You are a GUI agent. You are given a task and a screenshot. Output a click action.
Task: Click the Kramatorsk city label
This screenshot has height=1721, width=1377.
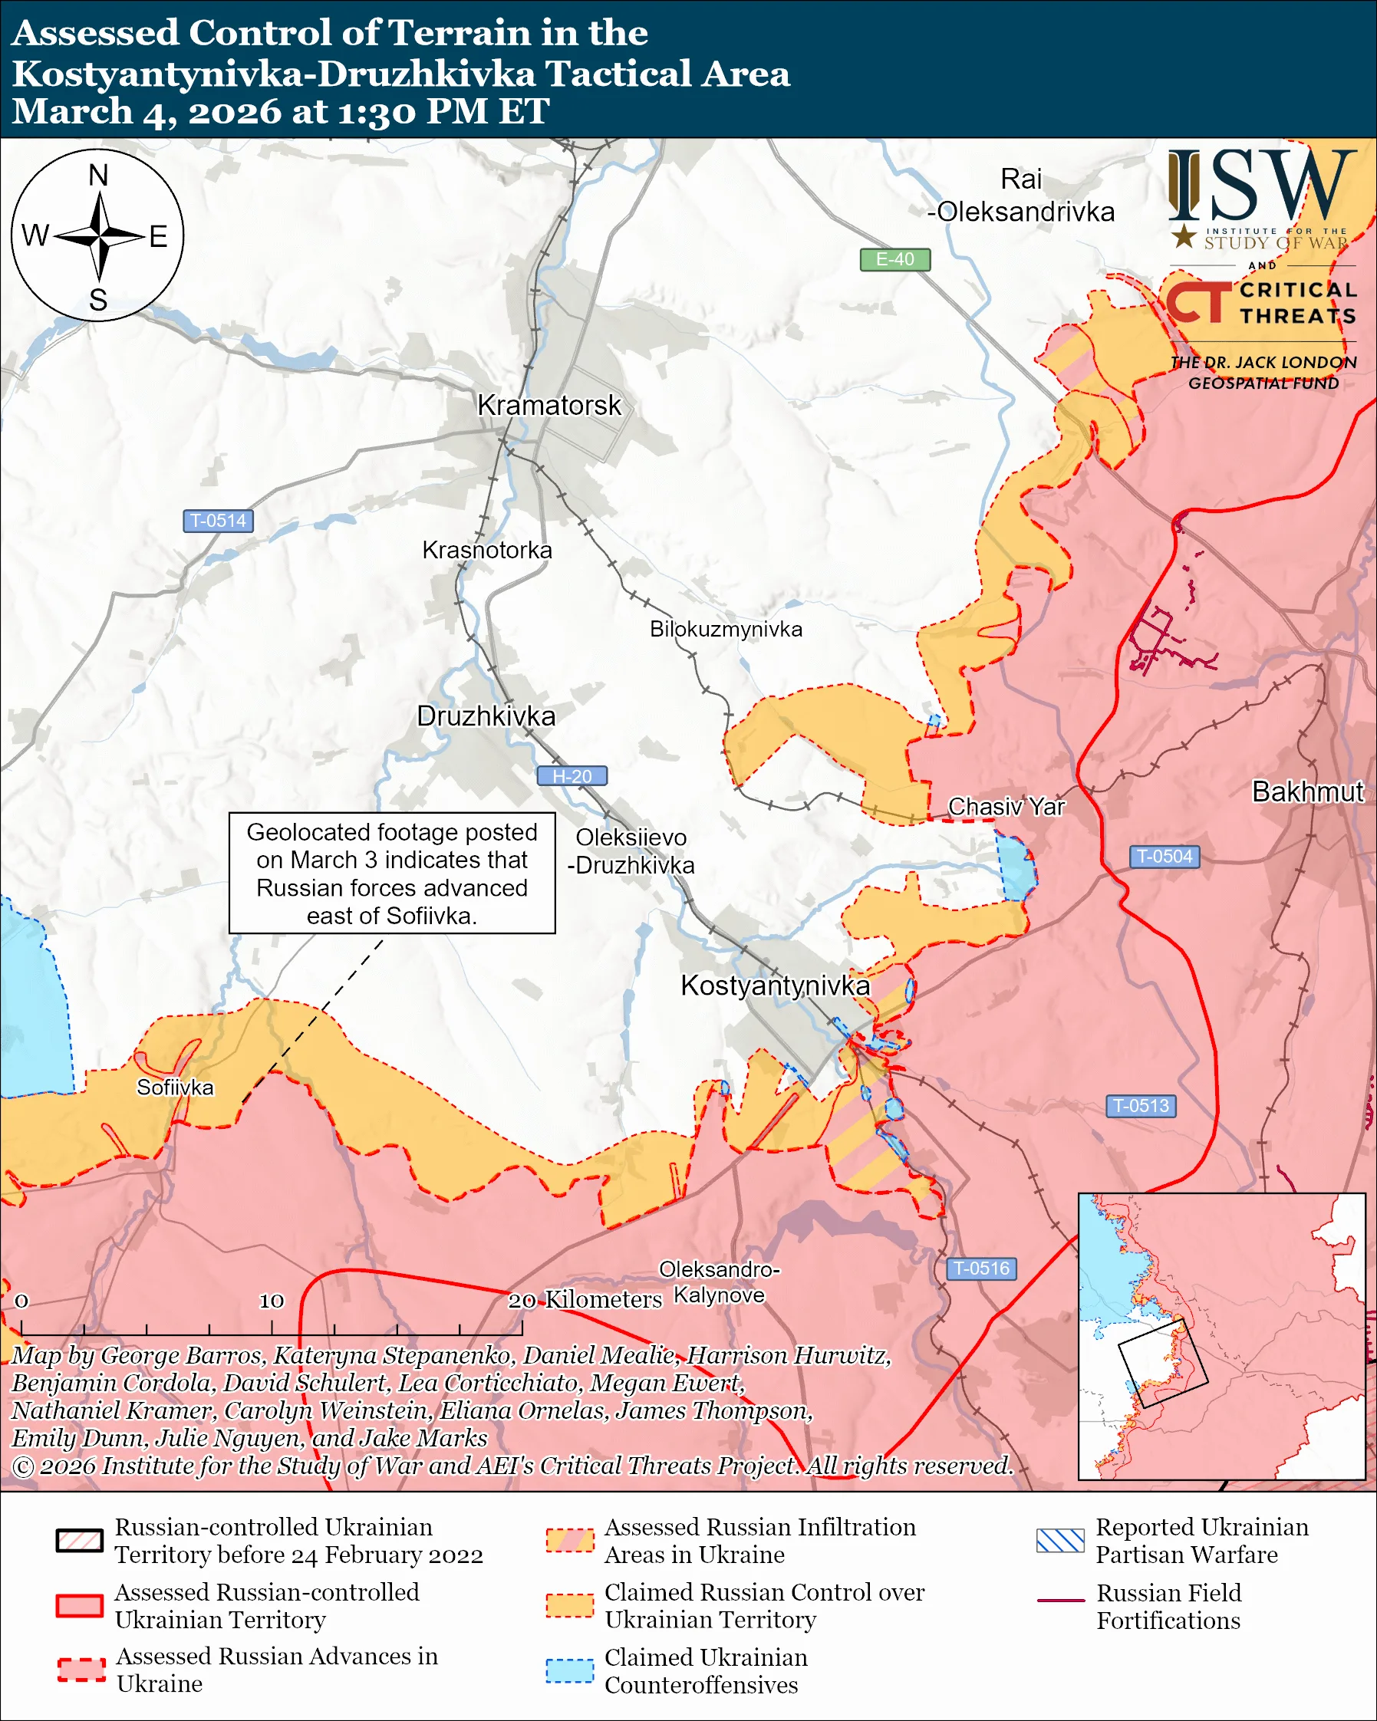(548, 406)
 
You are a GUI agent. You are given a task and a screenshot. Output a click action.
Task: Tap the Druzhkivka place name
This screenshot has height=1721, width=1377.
(486, 716)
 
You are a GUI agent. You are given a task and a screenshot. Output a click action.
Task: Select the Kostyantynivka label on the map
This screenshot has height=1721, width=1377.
(774, 986)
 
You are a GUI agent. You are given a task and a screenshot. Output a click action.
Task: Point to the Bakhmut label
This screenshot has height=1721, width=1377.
(1307, 791)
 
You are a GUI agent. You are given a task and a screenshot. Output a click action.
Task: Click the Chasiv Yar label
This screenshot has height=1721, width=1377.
(1006, 807)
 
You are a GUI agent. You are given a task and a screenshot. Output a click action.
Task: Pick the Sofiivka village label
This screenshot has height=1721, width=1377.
(175, 1088)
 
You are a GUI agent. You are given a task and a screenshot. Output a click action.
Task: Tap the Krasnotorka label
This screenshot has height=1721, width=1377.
(487, 550)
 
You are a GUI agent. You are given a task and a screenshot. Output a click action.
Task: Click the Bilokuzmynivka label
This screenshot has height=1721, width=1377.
(726, 629)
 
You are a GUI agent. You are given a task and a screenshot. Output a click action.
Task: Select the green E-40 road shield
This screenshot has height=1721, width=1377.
(894, 259)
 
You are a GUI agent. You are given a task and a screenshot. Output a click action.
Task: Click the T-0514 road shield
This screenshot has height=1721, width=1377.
(218, 522)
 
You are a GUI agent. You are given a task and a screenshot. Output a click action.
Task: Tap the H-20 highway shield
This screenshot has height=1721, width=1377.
(572, 776)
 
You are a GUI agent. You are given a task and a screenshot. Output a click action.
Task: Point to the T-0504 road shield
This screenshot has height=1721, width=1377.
(1164, 857)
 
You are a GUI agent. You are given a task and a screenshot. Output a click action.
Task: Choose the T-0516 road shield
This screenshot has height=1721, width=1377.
(981, 1269)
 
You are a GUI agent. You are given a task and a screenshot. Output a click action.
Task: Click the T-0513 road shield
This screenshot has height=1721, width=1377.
(1141, 1106)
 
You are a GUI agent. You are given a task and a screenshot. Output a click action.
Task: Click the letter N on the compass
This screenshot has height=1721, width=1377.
(98, 176)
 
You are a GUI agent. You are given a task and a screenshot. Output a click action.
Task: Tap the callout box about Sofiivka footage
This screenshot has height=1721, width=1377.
(392, 874)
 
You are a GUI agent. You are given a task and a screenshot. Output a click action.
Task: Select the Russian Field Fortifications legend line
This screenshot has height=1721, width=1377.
(1060, 1601)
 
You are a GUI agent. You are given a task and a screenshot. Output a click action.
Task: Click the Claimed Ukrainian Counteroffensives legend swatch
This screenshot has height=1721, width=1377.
(569, 1670)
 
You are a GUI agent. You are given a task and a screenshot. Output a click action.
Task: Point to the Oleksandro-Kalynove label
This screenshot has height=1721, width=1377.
(719, 1282)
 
